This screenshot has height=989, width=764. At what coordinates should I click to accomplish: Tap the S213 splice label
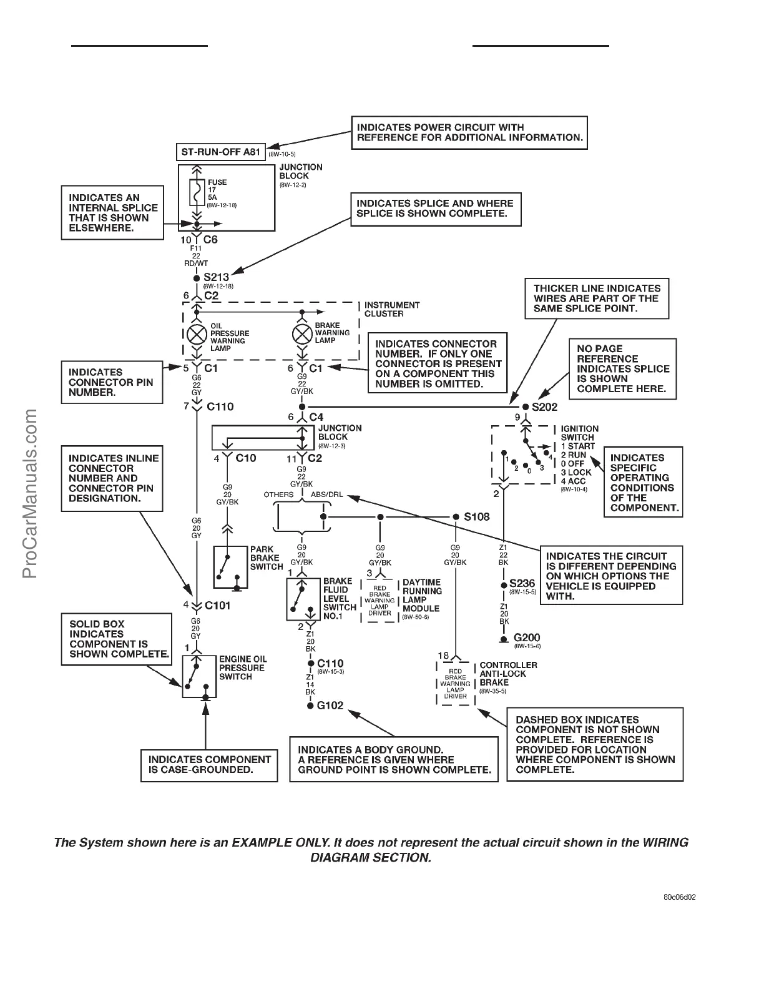click(216, 277)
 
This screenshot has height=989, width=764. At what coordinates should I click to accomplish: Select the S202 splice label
click(545, 406)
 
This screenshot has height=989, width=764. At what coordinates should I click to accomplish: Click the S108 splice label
click(477, 516)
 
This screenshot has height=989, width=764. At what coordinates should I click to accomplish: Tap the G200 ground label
click(526, 639)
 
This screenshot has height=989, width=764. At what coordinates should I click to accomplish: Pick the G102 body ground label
click(330, 706)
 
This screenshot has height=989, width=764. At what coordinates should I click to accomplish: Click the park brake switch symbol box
click(230, 567)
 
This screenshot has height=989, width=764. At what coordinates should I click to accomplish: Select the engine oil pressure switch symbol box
click(199, 676)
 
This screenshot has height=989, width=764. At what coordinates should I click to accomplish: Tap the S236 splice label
click(522, 584)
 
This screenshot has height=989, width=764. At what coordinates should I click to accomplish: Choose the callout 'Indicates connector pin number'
click(111, 381)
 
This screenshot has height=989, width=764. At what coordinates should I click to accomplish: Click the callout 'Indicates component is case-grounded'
click(209, 764)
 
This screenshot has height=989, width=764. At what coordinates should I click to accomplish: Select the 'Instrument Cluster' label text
click(392, 309)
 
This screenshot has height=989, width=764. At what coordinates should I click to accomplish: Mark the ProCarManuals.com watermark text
click(31, 493)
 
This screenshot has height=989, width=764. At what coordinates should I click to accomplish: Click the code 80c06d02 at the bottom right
click(680, 898)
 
